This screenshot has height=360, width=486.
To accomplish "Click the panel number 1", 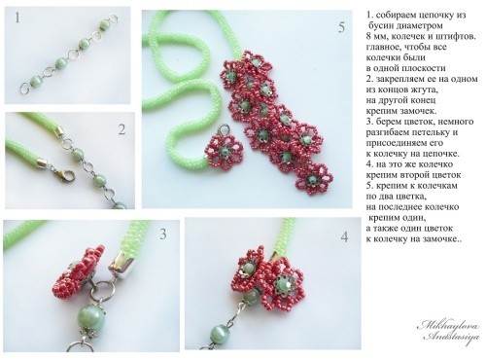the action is pyautogui.click(x=17, y=18).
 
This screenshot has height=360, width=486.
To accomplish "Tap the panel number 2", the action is pyautogui.click(x=121, y=129).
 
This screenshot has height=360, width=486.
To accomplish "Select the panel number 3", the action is pyautogui.click(x=163, y=234).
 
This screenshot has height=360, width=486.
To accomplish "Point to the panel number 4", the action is pyautogui.click(x=344, y=237).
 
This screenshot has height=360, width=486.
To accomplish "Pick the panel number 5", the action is pyautogui.click(x=341, y=27).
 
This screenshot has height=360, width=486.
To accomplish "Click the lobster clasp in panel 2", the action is pyautogui.click(x=65, y=174).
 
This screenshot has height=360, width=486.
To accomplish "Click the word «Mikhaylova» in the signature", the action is pyautogui.click(x=449, y=325).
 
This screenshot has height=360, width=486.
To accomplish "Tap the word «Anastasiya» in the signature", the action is pyautogui.click(x=452, y=337).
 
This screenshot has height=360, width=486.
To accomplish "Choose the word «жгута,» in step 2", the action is pyautogui.click(x=422, y=90).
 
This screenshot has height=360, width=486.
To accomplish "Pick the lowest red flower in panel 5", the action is pyautogui.click(x=314, y=178).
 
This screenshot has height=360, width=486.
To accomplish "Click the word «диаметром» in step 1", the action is pyautogui.click(x=422, y=25).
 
